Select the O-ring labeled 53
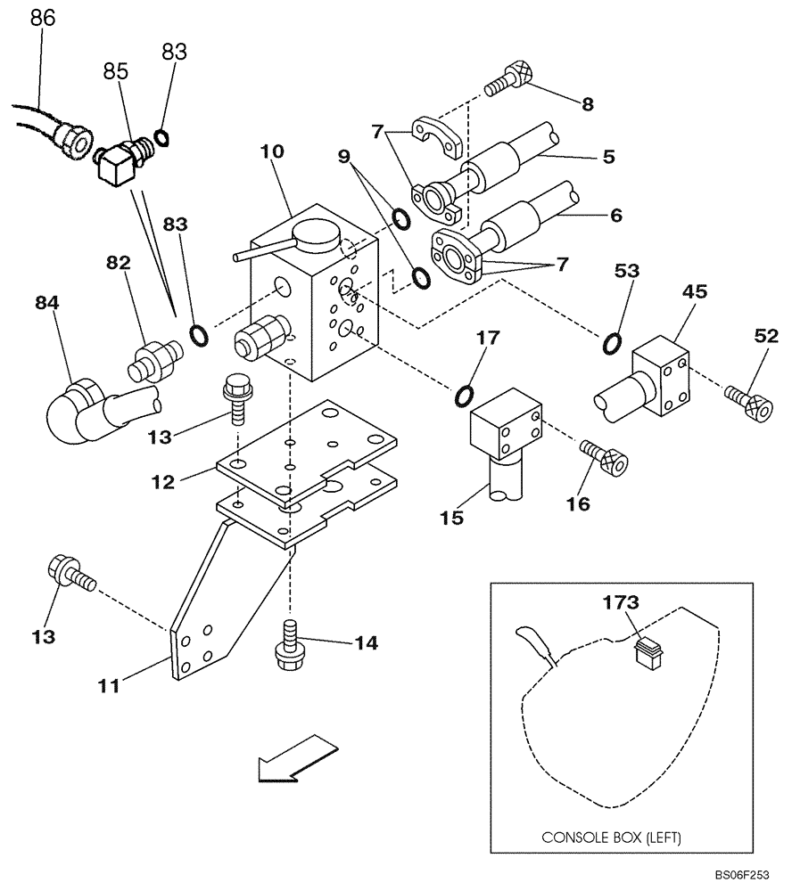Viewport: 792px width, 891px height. [x=611, y=342]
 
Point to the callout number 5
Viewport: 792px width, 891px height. [x=608, y=157]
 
